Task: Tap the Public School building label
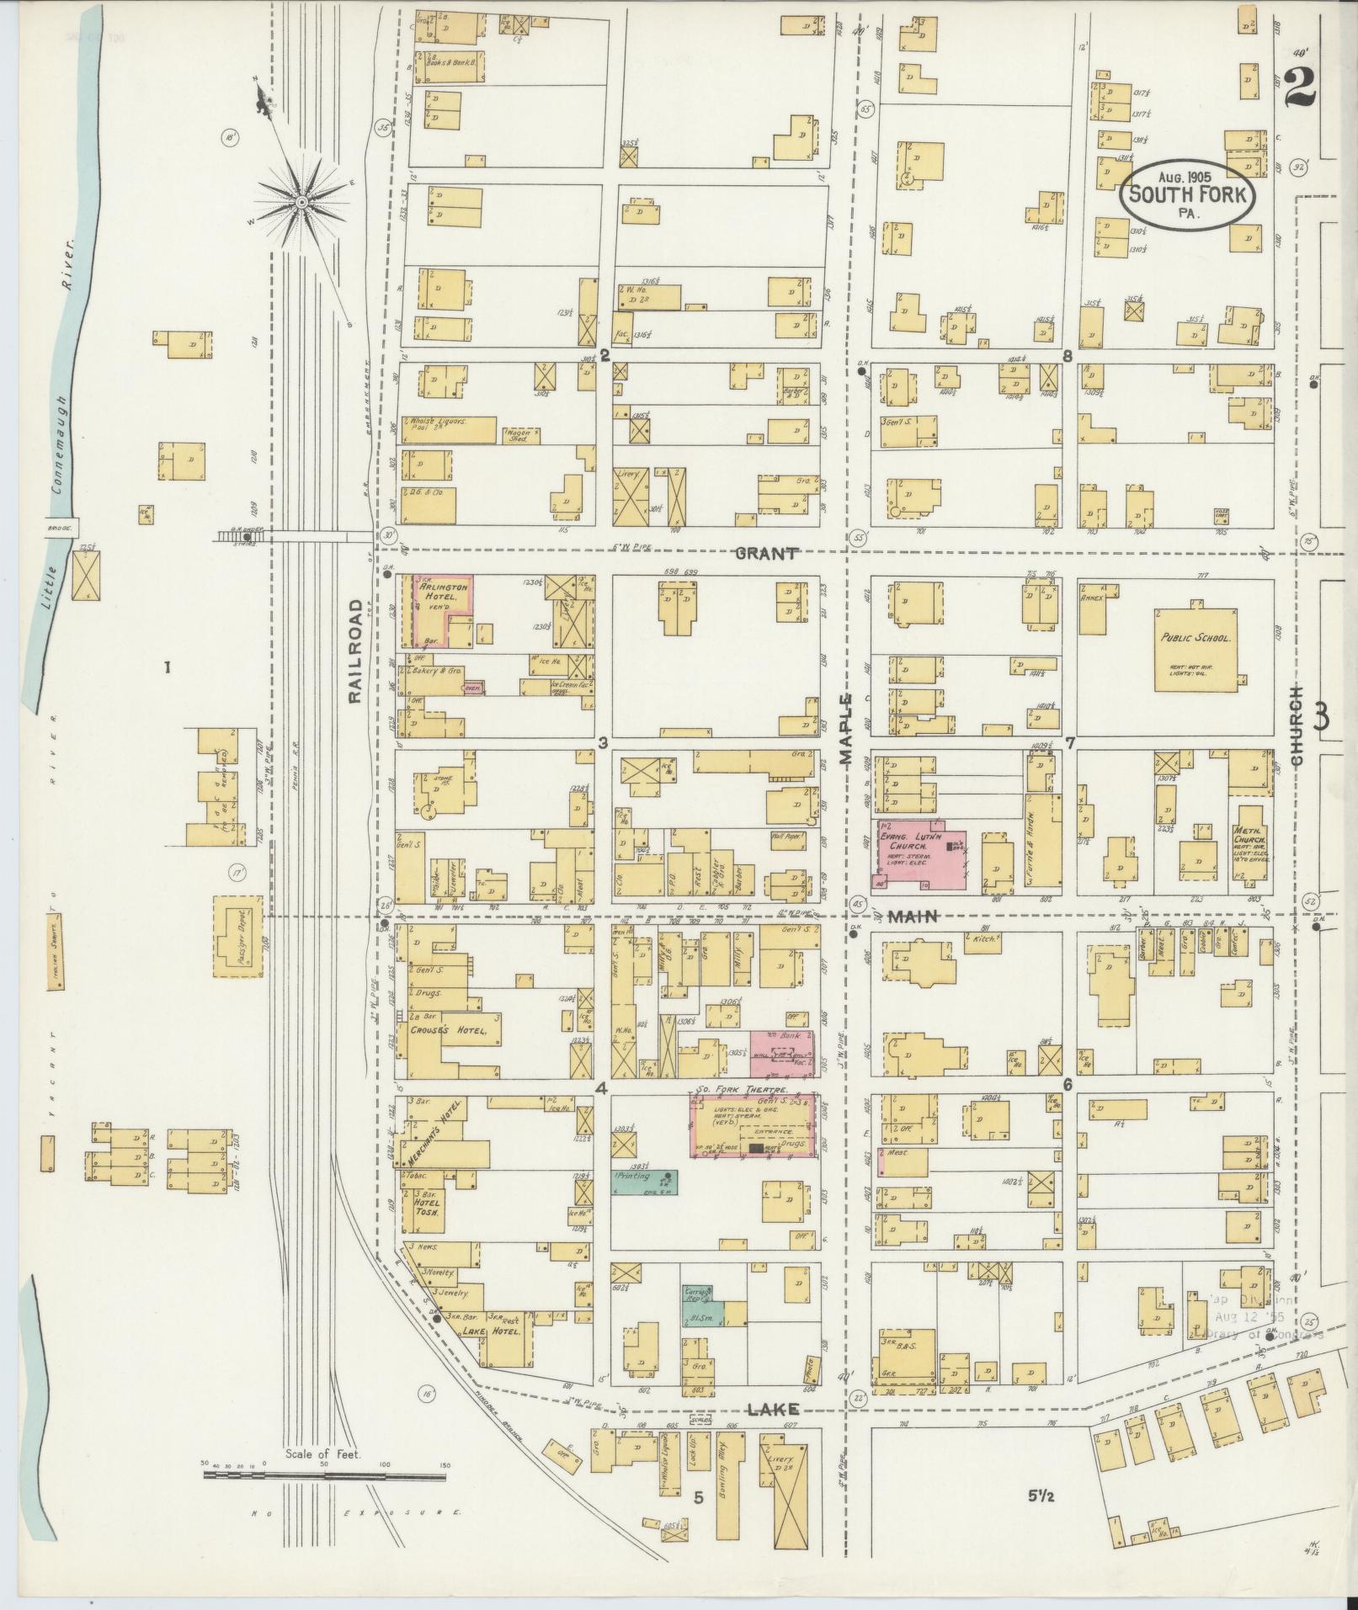coord(1195,638)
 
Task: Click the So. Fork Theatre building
coord(753,1128)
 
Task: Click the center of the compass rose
coord(301,203)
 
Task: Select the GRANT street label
coord(765,553)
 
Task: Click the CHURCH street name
coord(1298,725)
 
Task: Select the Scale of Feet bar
coord(324,1476)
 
